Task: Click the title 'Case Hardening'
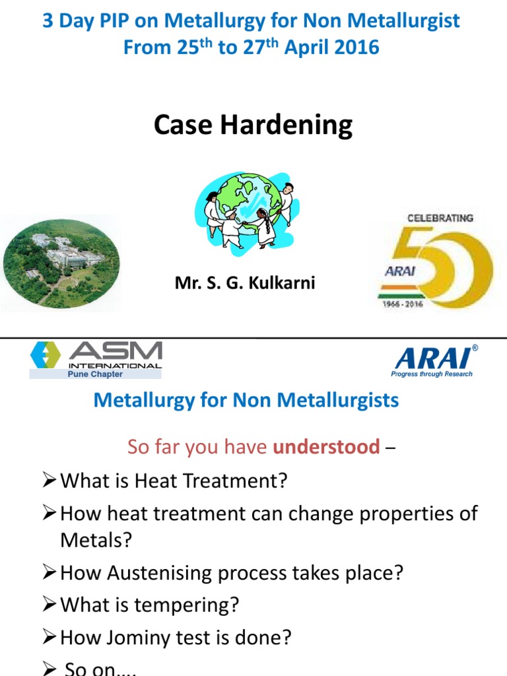pos(253,125)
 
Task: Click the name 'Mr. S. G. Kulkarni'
pos(245,283)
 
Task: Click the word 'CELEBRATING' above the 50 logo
pos(440,218)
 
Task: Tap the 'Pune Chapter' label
pos(95,374)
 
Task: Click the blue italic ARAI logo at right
pos(435,358)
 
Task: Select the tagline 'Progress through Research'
pos(432,374)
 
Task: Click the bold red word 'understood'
pos(326,447)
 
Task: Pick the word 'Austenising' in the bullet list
pos(153,572)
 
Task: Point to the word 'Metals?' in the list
pos(96,540)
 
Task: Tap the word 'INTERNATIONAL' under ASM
pos(115,365)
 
